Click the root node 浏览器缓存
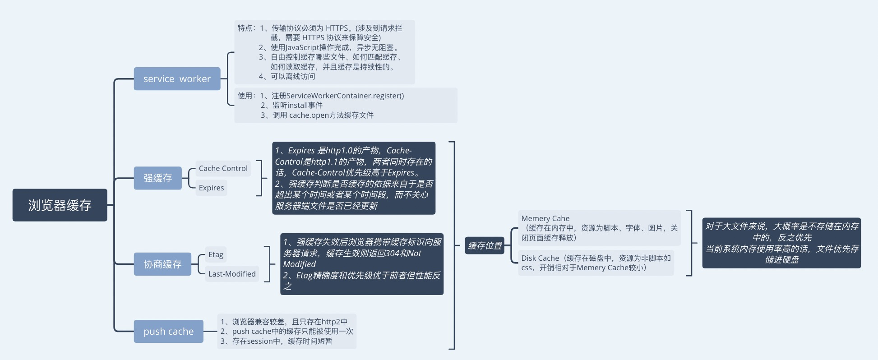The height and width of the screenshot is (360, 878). click(x=60, y=205)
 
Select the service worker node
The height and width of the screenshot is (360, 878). click(x=177, y=79)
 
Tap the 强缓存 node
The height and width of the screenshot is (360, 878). click(x=157, y=178)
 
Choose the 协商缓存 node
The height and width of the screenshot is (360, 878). click(x=162, y=264)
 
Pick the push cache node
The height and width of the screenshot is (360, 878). click(x=168, y=332)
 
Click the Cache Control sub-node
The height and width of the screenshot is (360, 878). click(x=223, y=168)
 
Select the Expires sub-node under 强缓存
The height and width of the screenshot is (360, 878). click(x=211, y=188)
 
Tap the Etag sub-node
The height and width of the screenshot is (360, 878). click(x=216, y=254)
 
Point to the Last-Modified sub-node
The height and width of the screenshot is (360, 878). click(x=232, y=274)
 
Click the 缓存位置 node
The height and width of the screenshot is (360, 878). click(x=485, y=246)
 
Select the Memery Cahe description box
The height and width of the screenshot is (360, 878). click(x=599, y=228)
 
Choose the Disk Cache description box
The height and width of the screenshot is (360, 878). click(x=596, y=263)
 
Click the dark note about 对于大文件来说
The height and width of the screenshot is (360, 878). click(x=781, y=243)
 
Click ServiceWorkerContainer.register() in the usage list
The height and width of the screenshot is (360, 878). click(x=345, y=96)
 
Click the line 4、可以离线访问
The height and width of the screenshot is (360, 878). click(x=287, y=76)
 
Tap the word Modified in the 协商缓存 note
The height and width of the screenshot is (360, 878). click(x=299, y=264)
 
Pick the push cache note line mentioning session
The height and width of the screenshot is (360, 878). click(x=276, y=341)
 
